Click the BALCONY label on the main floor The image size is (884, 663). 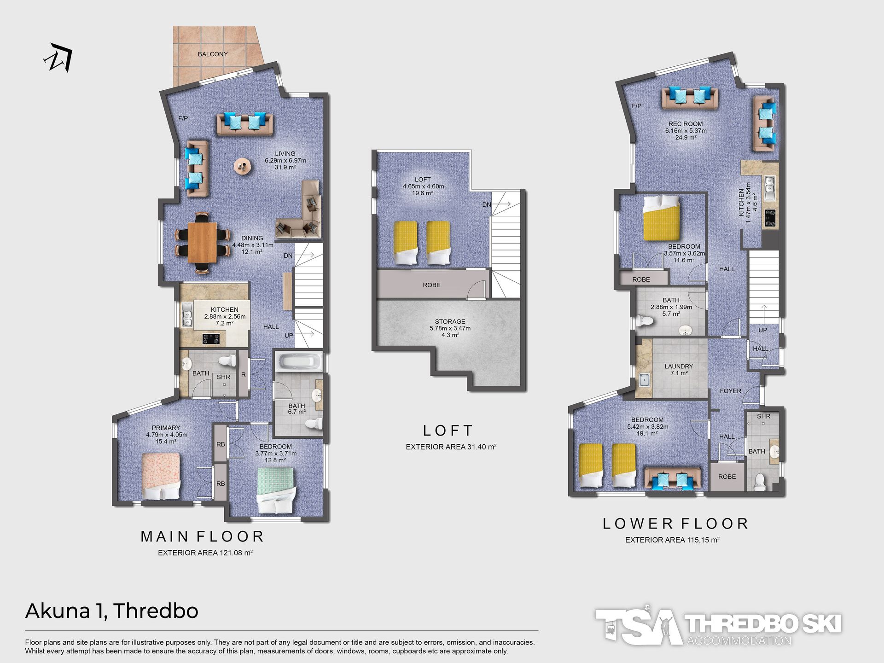[213, 54]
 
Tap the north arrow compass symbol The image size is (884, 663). [59, 58]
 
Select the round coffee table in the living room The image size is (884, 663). [242, 166]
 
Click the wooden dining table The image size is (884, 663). [202, 242]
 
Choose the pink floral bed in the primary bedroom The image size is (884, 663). [161, 476]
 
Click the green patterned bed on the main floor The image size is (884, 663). [276, 490]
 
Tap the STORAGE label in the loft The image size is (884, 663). [450, 322]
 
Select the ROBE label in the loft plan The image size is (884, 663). [431, 285]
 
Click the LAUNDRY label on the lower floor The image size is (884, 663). [679, 366]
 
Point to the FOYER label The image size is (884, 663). [731, 391]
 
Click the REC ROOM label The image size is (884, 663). [686, 124]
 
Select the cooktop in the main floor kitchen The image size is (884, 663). [211, 339]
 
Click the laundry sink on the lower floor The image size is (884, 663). [644, 380]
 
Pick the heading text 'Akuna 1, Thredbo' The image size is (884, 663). [112, 611]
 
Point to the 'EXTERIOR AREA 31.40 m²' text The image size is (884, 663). [451, 447]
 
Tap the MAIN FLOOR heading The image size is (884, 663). [202, 537]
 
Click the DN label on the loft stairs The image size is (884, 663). [487, 204]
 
